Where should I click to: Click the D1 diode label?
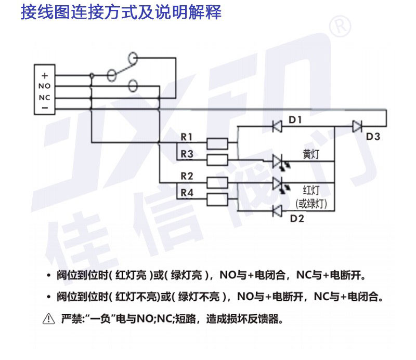point(295,120)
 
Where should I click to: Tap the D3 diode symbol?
point(357,126)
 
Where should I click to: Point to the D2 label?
point(297,218)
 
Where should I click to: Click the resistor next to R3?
point(217,158)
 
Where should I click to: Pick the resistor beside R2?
point(217,182)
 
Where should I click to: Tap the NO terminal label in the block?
point(45,86)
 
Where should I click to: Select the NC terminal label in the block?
point(45,97)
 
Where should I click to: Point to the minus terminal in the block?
point(45,108)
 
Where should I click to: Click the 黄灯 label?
point(311,155)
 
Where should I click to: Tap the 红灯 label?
point(310,189)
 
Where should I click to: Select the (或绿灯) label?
point(311,204)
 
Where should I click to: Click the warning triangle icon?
point(48,318)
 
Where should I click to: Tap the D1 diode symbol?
point(277,126)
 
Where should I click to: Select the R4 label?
point(187,193)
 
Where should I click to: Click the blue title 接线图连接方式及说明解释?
point(121,12)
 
